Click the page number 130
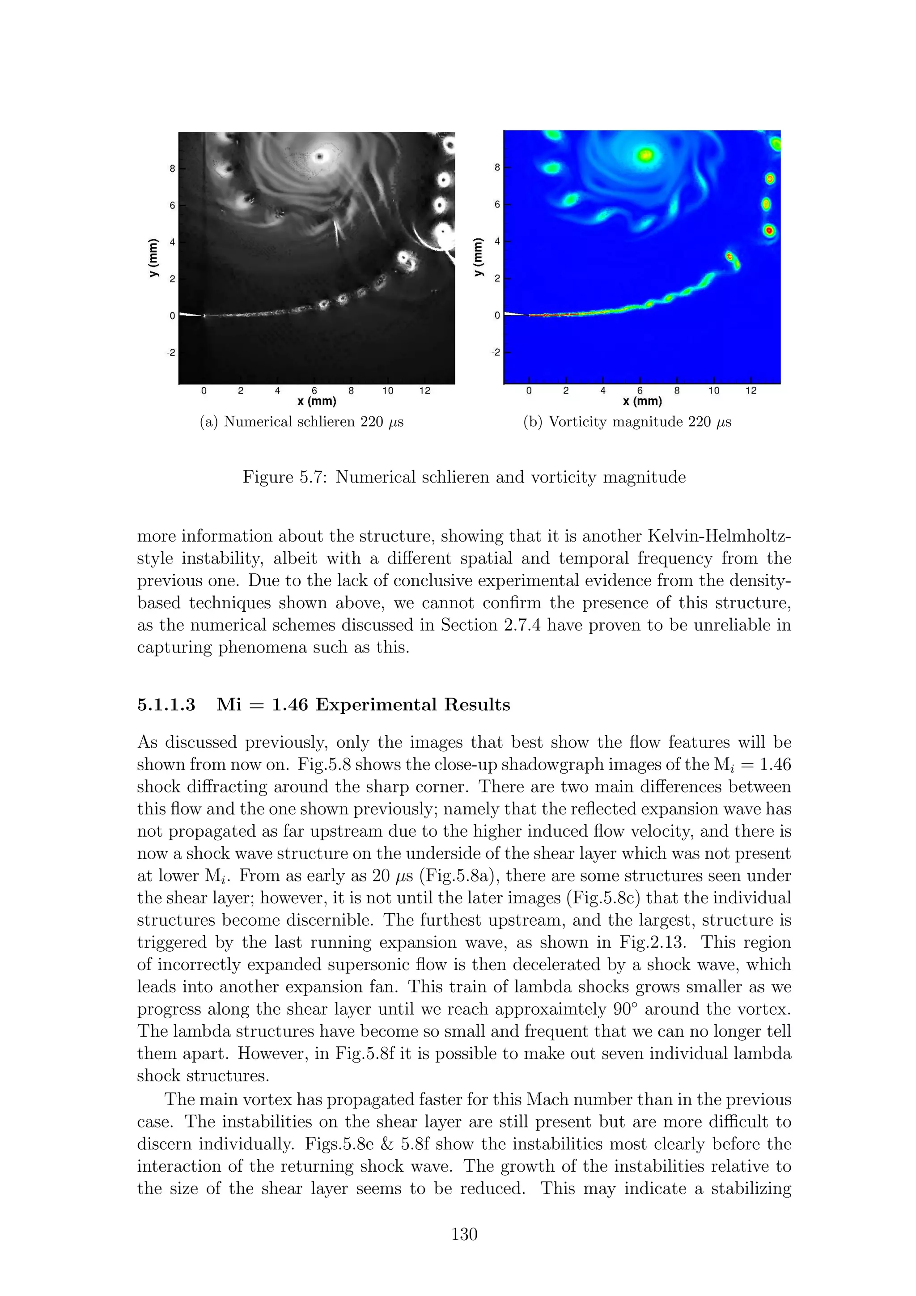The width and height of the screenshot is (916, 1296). (x=464, y=1234)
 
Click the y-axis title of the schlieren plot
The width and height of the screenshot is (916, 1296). (x=153, y=258)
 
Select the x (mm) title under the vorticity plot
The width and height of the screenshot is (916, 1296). (x=642, y=401)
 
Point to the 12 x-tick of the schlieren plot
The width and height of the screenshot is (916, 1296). (x=424, y=390)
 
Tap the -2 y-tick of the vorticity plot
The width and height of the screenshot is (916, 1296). (x=495, y=353)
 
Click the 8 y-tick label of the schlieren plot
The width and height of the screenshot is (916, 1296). (x=172, y=168)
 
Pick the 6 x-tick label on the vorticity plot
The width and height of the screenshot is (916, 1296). (x=640, y=390)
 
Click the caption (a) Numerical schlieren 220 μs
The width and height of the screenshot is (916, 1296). (x=302, y=422)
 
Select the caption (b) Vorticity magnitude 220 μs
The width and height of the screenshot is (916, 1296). (x=627, y=422)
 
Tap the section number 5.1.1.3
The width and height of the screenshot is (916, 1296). (x=166, y=705)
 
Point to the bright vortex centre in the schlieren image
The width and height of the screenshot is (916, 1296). (x=321, y=157)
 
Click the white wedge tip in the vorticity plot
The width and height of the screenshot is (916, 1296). (x=515, y=314)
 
